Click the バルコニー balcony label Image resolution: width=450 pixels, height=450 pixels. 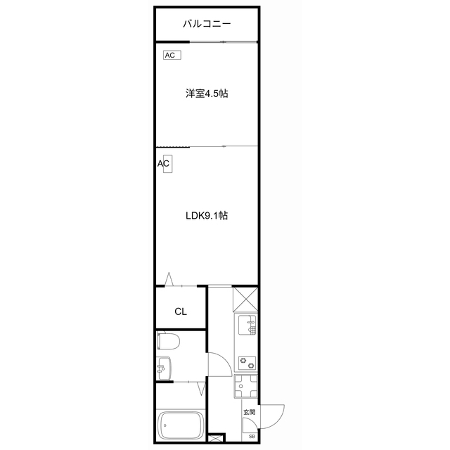click(207, 24)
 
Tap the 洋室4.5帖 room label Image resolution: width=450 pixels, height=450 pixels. click(207, 94)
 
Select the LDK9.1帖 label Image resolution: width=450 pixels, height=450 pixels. click(206, 216)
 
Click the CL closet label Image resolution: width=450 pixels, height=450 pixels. click(180, 312)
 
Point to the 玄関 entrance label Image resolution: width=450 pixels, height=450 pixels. click(249, 412)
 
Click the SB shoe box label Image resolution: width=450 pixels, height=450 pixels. click(252, 435)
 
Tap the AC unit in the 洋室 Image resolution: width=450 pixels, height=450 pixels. click(171, 55)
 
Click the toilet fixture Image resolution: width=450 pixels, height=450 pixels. click(169, 342)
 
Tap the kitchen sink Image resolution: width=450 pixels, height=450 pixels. click(248, 326)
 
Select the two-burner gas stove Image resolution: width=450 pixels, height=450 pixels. click(248, 364)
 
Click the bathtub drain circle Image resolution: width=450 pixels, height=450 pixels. click(165, 425)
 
